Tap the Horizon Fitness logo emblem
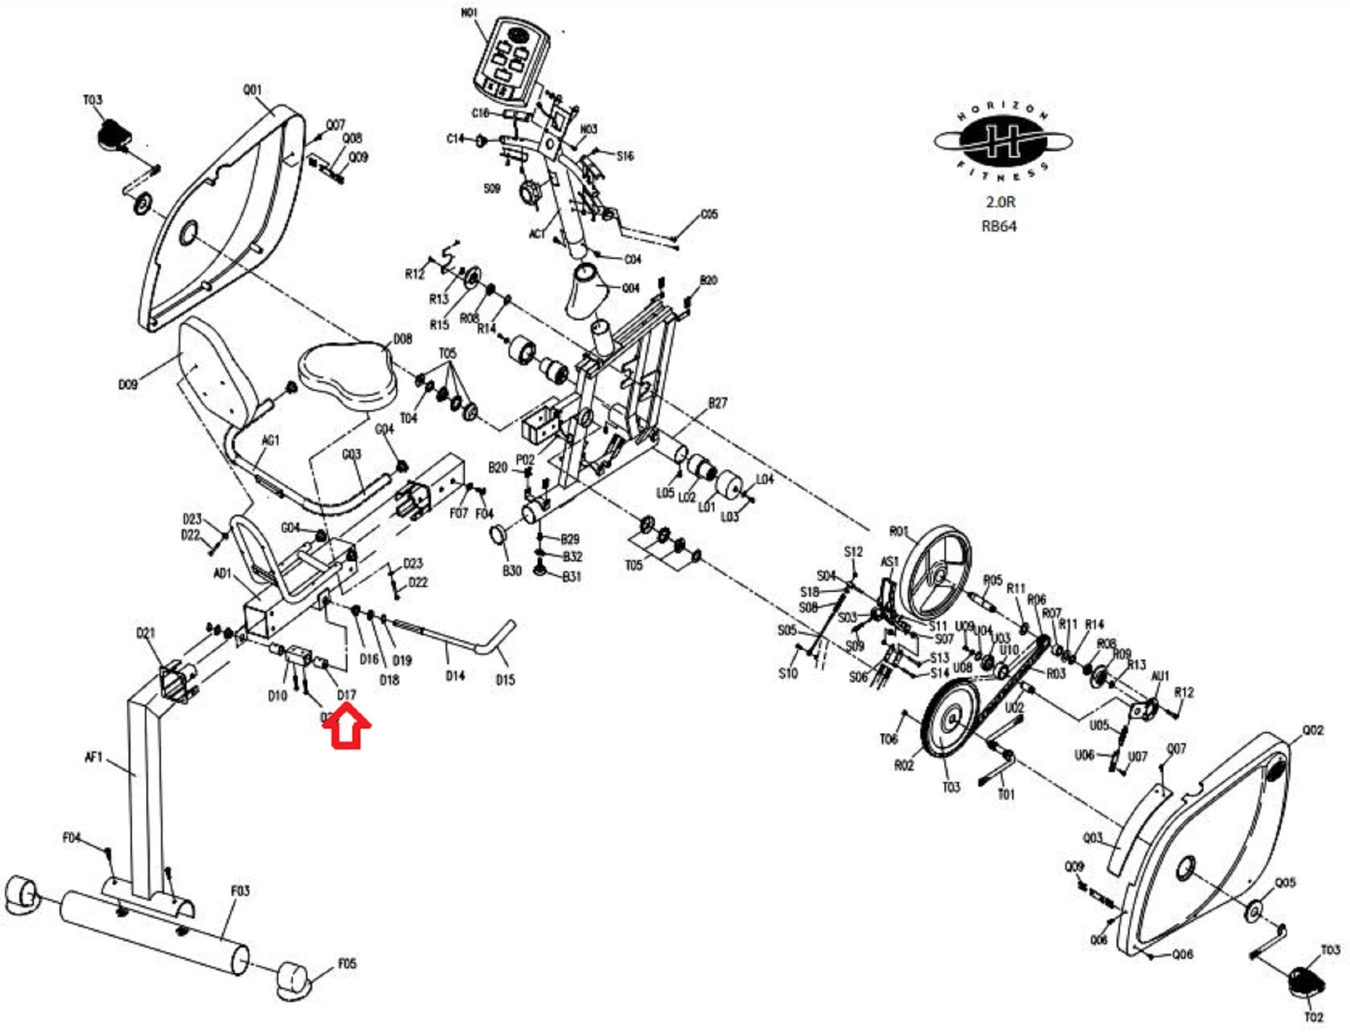tap(1002, 141)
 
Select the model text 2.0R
tap(1000, 202)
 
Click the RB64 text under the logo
tap(999, 226)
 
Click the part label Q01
tap(253, 90)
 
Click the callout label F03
tap(240, 890)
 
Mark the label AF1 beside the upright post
tap(93, 758)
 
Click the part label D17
tap(346, 694)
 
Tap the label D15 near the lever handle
tap(505, 680)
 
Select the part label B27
tap(718, 403)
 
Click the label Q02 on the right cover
tap(1313, 730)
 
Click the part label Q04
tap(630, 288)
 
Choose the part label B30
tap(511, 570)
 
